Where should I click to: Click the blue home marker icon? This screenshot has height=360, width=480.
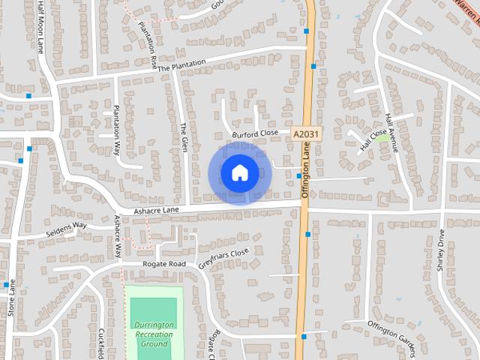coord(239,173)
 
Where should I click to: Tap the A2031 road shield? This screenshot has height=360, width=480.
coord(304,133)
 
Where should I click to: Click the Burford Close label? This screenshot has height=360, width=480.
coord(255,134)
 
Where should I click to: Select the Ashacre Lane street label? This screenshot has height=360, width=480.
coord(156,211)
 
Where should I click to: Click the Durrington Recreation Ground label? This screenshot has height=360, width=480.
coord(153,334)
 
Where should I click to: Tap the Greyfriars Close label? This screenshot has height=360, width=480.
coord(223,259)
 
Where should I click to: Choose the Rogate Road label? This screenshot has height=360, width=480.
coord(164,265)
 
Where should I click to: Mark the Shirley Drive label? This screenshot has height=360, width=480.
coord(441,250)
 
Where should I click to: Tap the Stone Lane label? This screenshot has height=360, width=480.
coord(10,298)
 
